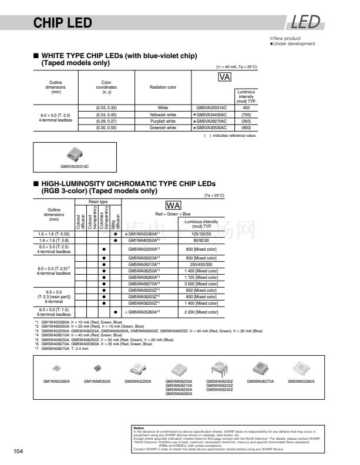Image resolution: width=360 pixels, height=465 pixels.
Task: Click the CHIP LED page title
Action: tap(63, 23)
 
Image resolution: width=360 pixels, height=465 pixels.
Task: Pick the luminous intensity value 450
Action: tap(246, 108)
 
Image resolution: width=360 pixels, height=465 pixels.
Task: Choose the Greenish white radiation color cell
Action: tap(163, 127)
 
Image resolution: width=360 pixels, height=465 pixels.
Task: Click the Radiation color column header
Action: tap(163, 87)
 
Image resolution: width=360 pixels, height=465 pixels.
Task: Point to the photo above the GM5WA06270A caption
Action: tap(260, 368)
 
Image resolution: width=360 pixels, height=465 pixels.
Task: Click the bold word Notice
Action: tap(139, 428)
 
